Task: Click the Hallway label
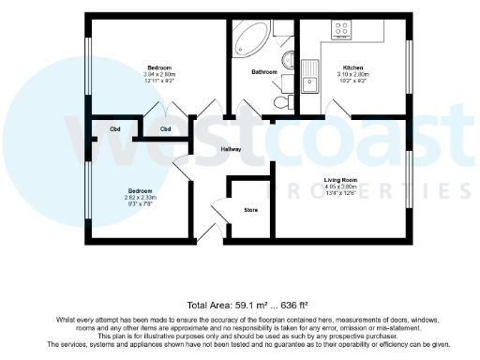(231, 149)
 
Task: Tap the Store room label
(250, 210)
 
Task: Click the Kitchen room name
(352, 68)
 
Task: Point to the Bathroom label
(263, 72)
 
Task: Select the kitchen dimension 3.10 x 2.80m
(352, 75)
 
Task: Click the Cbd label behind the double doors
(165, 128)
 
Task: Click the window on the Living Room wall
(409, 177)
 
